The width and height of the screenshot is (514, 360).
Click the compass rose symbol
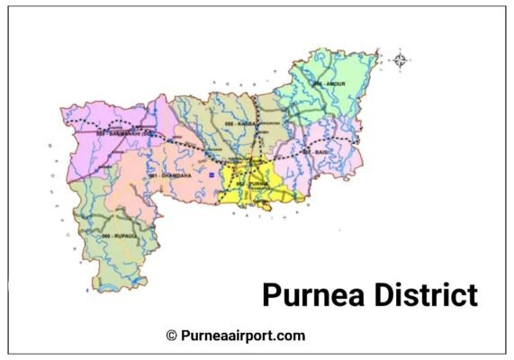pos(401,61)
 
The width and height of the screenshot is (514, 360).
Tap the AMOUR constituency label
pos(329,83)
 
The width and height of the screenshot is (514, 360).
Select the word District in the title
pos(427,294)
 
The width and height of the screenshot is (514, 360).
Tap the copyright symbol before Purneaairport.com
pos(171,336)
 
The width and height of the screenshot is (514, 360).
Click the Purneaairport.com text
pos(242,336)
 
